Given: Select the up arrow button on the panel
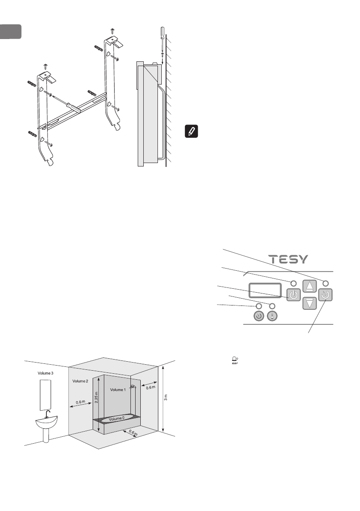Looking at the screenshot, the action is (x=309, y=287).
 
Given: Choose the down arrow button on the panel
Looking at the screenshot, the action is (x=309, y=303).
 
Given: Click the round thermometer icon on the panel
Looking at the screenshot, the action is (x=272, y=316).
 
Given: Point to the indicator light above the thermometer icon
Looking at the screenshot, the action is (x=272, y=305).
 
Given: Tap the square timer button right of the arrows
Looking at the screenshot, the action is (x=326, y=295).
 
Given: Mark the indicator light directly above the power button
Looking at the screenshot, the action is (x=293, y=284).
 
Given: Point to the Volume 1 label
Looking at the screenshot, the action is (x=118, y=390).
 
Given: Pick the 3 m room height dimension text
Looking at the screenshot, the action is (x=166, y=398).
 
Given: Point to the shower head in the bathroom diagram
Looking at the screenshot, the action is (x=134, y=387).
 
